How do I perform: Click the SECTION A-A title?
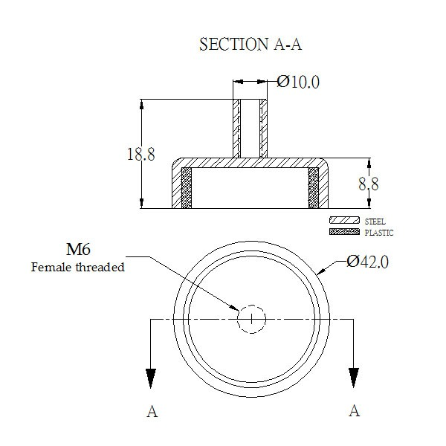click(x=251, y=45)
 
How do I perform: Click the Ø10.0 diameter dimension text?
click(x=298, y=82)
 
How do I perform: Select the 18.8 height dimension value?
click(x=140, y=155)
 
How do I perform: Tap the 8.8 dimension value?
click(x=369, y=184)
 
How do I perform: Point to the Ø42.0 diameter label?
click(x=367, y=262)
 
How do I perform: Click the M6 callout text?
click(x=78, y=250)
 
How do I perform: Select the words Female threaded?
click(x=77, y=268)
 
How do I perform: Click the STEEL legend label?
click(x=375, y=222)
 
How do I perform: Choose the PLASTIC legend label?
click(x=379, y=233)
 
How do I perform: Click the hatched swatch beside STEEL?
click(x=344, y=220)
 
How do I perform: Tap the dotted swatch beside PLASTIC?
click(x=344, y=231)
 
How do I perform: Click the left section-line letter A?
click(x=152, y=411)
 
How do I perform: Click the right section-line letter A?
click(x=355, y=411)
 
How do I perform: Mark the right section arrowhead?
click(x=354, y=378)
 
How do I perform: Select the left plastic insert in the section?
click(x=187, y=188)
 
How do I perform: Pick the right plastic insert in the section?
click(x=314, y=188)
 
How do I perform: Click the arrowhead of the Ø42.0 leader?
click(x=321, y=271)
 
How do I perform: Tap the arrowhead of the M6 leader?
click(x=235, y=308)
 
